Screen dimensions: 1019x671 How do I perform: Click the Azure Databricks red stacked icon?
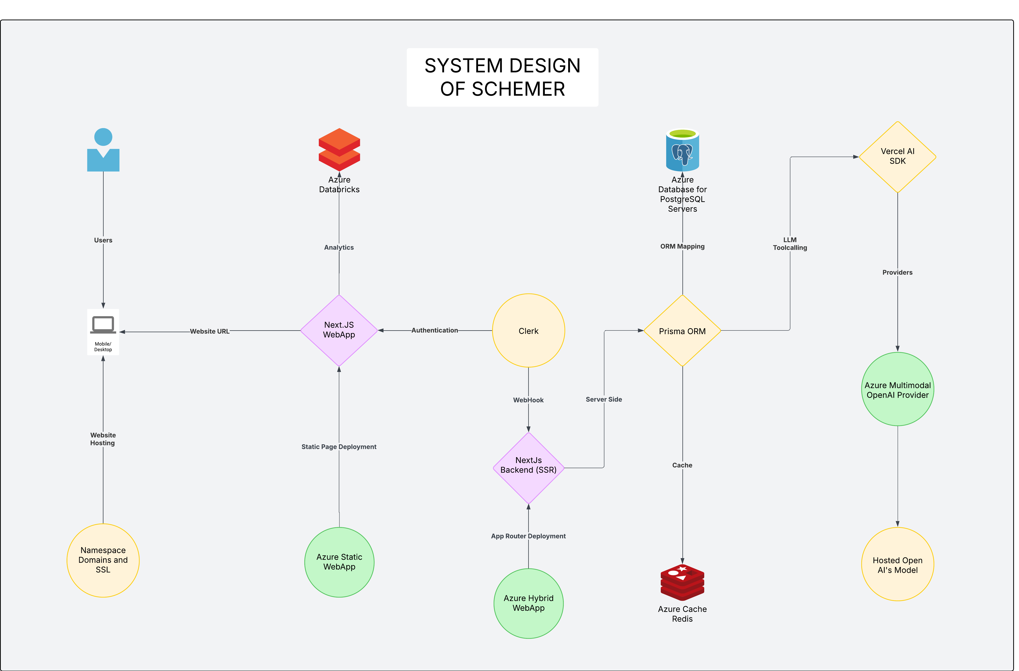[x=339, y=150]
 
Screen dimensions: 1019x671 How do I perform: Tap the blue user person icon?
[x=103, y=150]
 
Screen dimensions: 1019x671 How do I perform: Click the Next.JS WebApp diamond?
[x=339, y=330]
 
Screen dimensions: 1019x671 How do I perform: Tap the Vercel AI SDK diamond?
[x=898, y=157]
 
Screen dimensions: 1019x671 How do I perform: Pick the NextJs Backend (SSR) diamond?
[x=529, y=468]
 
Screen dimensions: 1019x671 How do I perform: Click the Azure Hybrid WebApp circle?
[x=529, y=603]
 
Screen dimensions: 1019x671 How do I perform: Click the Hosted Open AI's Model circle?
[x=898, y=565]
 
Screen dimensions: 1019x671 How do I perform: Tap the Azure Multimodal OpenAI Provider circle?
[x=898, y=389]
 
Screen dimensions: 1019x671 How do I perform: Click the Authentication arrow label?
[x=435, y=330]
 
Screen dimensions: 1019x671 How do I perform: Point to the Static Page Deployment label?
[x=339, y=447]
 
